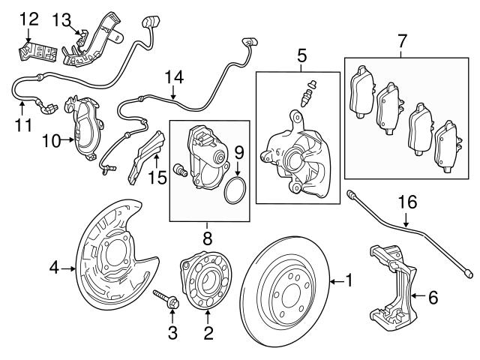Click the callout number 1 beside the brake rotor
coord(348,281)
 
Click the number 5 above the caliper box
coord(302,55)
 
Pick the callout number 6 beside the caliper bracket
coord(432,298)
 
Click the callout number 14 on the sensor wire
coord(173,76)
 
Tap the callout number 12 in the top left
coord(28,16)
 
